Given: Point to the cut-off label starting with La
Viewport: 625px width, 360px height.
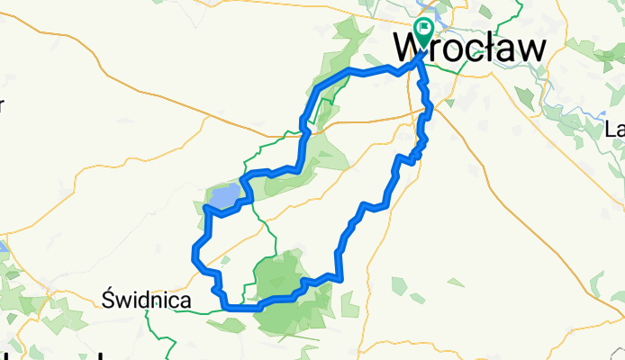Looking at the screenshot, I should pyautogui.click(x=616, y=128).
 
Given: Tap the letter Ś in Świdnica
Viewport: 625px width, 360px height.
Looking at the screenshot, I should pyautogui.click(x=110, y=299).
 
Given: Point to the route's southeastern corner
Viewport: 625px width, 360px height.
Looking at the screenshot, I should pyautogui.click(x=341, y=277).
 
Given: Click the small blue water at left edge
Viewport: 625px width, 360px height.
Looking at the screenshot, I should pyautogui.click(x=3, y=246).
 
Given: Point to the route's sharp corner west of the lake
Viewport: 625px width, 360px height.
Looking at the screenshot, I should pyautogui.click(x=207, y=208).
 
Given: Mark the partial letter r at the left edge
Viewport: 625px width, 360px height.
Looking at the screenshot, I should pyautogui.click(x=2, y=105).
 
